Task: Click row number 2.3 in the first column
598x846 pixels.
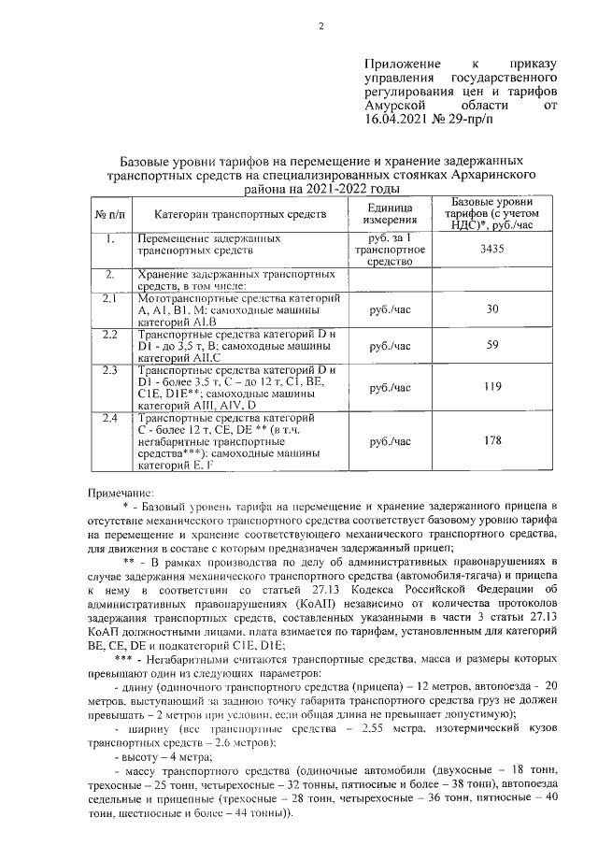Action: coord(109,371)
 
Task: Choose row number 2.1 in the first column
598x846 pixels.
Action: coord(109,298)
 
